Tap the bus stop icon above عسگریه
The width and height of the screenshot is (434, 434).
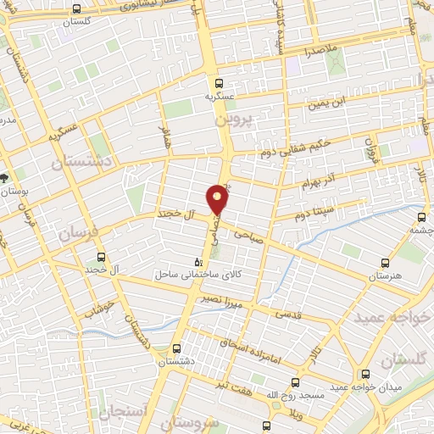[219, 83]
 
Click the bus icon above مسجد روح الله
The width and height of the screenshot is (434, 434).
[295, 382]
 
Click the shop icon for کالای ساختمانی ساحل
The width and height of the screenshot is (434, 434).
[198, 262]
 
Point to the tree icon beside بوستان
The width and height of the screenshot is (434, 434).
[4, 178]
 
